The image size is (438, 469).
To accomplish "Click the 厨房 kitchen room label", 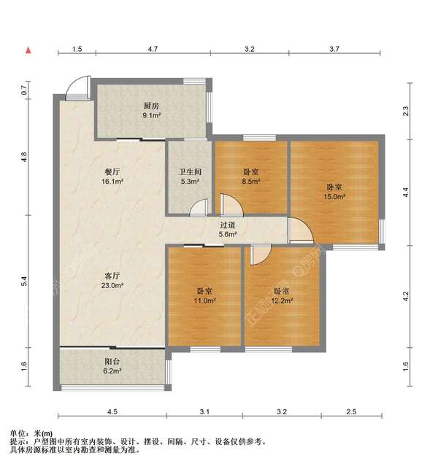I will [x=151, y=105].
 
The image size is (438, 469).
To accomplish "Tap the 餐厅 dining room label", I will [x=112, y=173].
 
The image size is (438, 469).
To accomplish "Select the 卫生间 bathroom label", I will [x=190, y=173].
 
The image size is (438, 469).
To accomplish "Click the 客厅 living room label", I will [x=112, y=276].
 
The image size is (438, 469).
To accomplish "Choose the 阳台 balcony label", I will [x=112, y=360].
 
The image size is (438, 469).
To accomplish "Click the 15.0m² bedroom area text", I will [x=335, y=196].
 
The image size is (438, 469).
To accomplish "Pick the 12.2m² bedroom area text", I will [x=282, y=300].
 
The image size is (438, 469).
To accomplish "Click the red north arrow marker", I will [x=28, y=50].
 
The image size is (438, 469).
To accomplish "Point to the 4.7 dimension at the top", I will [x=153, y=50].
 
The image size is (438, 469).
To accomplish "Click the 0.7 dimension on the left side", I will [x=24, y=90].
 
